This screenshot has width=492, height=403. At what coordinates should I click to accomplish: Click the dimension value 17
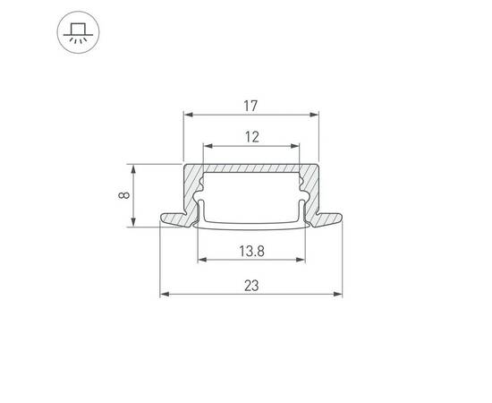click(250, 106)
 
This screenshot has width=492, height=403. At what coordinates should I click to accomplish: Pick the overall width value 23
click(251, 286)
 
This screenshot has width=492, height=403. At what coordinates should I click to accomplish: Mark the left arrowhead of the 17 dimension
click(187, 115)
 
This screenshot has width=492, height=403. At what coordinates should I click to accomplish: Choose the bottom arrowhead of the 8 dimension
click(133, 224)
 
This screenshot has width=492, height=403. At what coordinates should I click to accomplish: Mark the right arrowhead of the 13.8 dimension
click(302, 261)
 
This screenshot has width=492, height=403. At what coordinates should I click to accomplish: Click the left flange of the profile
click(173, 218)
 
